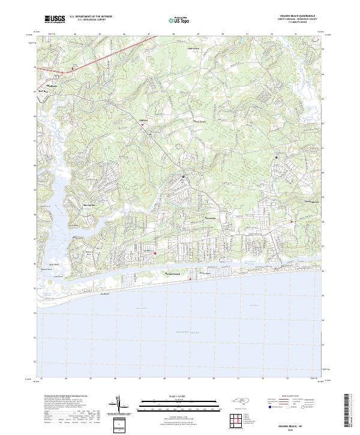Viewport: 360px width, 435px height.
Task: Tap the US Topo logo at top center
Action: [x=180, y=20]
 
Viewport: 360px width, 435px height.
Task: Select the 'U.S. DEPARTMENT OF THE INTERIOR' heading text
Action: [x=91, y=16]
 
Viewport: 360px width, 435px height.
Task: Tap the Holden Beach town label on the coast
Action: [x=173, y=275]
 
